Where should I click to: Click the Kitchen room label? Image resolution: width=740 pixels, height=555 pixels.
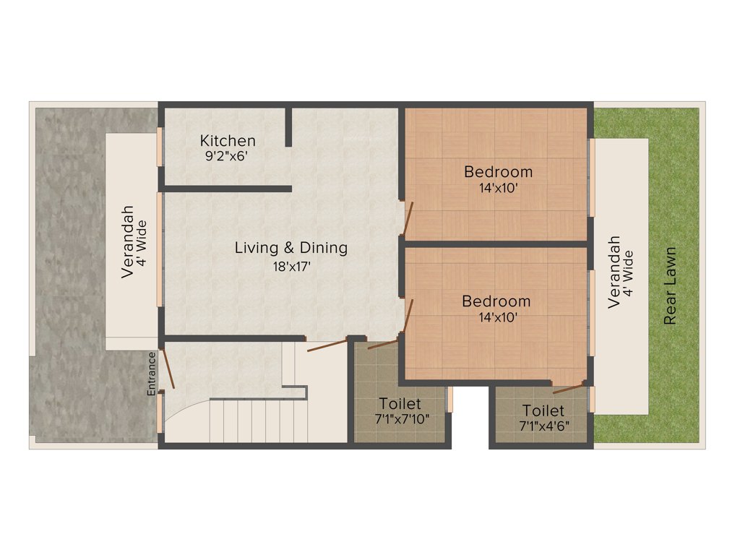pyautogui.click(x=228, y=140)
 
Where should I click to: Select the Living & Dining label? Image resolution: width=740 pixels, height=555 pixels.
pyautogui.click(x=291, y=248)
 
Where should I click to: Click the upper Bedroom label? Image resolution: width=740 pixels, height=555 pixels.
pyautogui.click(x=498, y=172)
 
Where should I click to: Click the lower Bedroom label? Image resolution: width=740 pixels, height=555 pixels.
pyautogui.click(x=496, y=301)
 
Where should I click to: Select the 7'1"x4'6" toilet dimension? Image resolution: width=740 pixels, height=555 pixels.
pyautogui.click(x=544, y=425)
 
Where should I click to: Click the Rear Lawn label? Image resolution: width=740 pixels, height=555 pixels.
pyautogui.click(x=671, y=286)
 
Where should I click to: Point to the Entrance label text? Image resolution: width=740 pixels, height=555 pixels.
pyautogui.click(x=152, y=373)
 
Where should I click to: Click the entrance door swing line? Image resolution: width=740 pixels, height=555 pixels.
pyautogui.click(x=168, y=369)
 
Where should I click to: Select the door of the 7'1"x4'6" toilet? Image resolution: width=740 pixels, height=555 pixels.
pyautogui.click(x=569, y=389)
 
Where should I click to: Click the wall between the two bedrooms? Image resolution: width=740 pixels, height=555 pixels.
pyautogui.click(x=495, y=244)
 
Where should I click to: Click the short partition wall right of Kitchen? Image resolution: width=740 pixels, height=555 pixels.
pyautogui.click(x=288, y=127)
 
